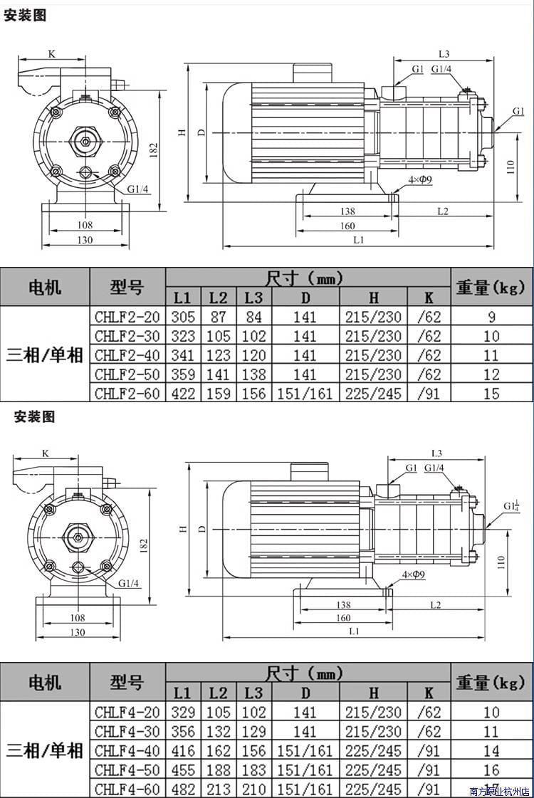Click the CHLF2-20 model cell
(127, 317)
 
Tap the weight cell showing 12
(491, 374)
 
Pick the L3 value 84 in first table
(253, 317)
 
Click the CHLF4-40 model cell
(127, 750)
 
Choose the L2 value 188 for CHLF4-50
(218, 770)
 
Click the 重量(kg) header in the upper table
(491, 287)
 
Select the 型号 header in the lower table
(127, 683)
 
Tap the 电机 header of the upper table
(45, 287)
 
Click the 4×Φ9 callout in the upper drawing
(420, 179)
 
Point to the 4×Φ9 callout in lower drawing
(413, 574)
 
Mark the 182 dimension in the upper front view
(154, 148)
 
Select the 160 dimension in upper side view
(347, 226)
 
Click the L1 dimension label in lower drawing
(354, 631)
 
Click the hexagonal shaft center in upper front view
(85, 140)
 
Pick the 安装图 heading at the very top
(25, 15)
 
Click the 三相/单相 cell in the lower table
(45, 750)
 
